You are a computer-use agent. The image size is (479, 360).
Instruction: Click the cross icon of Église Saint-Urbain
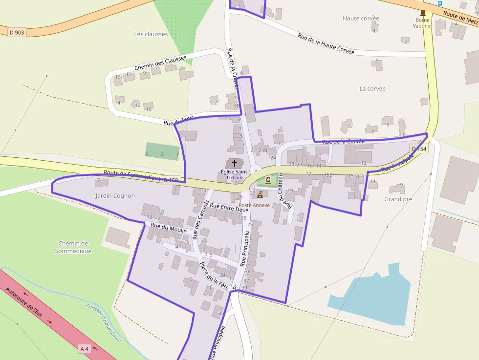point(235,163)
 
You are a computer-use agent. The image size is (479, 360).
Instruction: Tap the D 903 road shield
point(17,32)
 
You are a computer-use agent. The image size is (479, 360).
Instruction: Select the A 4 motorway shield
point(85,348)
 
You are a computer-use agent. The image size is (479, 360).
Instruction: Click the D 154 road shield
point(419,148)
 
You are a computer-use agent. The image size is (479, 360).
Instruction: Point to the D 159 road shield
point(171,180)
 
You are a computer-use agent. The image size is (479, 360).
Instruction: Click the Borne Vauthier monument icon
point(423,13)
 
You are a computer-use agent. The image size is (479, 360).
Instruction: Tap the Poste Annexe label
point(254,205)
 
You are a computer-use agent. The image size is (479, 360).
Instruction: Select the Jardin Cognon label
point(115,195)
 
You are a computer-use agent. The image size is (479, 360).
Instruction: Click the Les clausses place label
point(151,34)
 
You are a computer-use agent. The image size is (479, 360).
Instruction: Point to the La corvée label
point(372,88)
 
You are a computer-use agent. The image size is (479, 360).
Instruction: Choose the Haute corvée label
point(361,19)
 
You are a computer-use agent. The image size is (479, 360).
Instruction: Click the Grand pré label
point(398,199)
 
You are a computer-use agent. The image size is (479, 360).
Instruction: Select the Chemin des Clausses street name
point(160,64)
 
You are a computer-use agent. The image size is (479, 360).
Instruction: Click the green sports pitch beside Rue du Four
point(163,151)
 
